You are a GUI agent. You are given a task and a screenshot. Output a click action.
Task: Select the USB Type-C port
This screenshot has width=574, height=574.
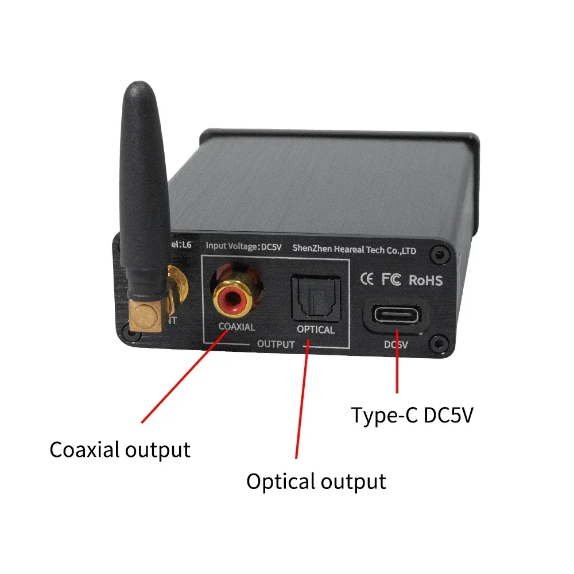(396, 316)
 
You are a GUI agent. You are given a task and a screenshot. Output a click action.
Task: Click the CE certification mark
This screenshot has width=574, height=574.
(367, 280)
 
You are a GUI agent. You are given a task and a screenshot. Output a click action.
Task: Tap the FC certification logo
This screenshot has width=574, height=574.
(391, 280)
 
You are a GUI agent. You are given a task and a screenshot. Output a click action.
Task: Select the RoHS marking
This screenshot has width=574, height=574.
(425, 280)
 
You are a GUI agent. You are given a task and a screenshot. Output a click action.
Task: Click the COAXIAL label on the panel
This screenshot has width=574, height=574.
(236, 328)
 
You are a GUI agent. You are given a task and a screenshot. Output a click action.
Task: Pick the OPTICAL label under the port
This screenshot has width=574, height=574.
(315, 330)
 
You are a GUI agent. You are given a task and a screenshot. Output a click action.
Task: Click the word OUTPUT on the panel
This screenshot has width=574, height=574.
(276, 345)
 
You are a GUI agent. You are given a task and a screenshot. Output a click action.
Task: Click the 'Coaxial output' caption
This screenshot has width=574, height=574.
(120, 449)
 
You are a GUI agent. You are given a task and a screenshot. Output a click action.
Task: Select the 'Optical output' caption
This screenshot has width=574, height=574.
(316, 481)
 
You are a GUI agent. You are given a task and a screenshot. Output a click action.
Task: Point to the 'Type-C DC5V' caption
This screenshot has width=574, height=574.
(412, 415)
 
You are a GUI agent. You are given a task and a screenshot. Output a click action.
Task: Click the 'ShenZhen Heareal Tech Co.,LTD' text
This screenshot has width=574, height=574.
(354, 249)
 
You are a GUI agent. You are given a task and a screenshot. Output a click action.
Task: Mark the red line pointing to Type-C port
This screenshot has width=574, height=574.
(397, 373)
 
